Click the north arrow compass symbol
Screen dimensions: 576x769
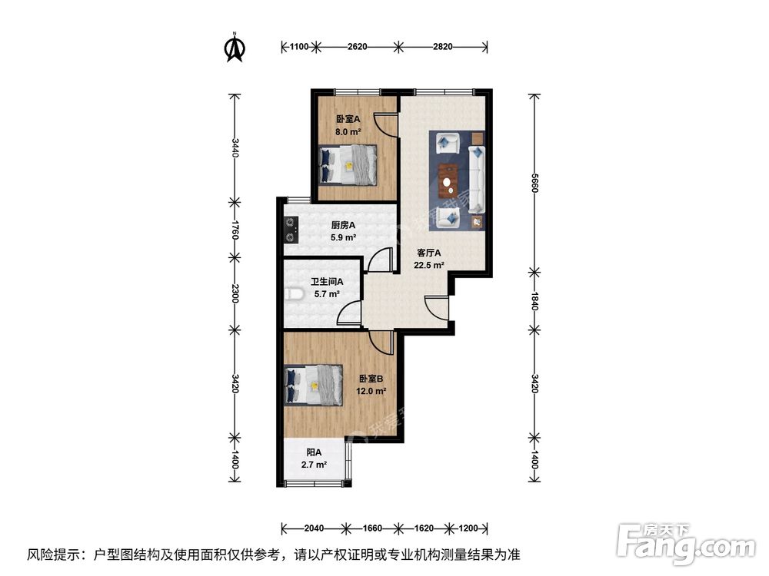point(235,48)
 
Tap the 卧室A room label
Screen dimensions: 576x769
point(348,119)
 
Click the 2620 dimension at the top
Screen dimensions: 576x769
point(357,47)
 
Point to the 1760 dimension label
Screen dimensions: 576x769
point(235,229)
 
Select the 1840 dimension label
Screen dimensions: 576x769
point(534,300)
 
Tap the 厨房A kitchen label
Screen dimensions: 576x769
point(343,225)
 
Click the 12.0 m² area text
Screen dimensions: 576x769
point(371,390)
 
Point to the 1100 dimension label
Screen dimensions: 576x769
point(299,47)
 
